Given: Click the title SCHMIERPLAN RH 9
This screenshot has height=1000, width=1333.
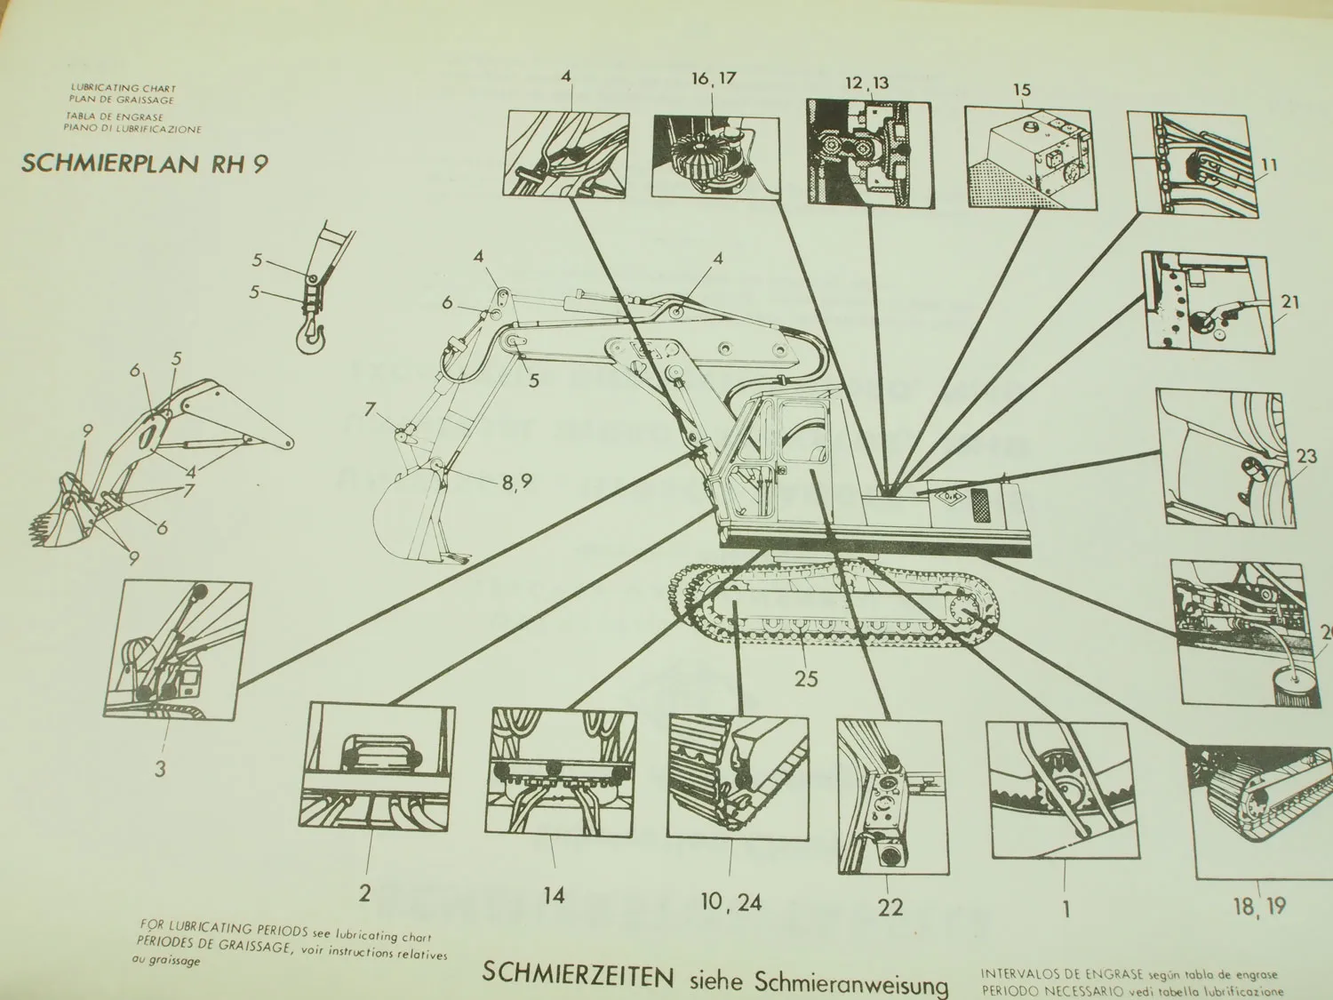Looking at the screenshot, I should tap(143, 164).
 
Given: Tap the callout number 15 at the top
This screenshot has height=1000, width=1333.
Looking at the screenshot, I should tap(1021, 90).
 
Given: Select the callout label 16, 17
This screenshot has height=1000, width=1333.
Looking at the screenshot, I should tap(714, 78).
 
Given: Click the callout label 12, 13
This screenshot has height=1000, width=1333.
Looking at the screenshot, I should tap(866, 83).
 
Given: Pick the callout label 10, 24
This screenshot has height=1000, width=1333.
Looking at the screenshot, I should tap(731, 902).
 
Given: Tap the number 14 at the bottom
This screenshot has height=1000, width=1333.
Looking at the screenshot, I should tap(554, 894).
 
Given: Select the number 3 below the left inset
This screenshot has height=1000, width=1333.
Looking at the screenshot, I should tap(160, 768).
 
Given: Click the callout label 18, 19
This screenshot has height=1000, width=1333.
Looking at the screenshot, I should tap(1259, 906).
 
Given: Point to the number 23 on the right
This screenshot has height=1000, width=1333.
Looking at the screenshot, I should tap(1305, 457).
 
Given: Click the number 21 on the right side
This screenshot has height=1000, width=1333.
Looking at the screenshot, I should tap(1289, 302).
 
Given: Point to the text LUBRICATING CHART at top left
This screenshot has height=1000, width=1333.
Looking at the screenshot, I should tap(124, 89).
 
